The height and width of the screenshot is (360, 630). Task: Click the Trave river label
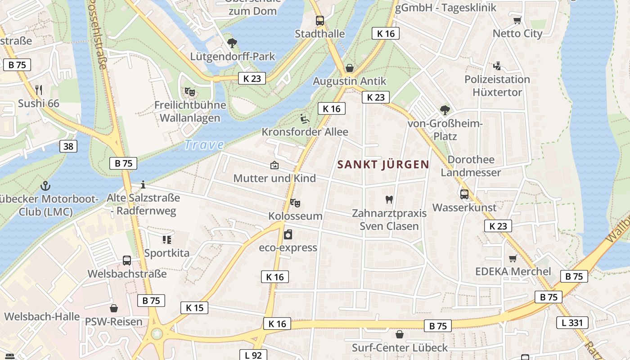[204, 144]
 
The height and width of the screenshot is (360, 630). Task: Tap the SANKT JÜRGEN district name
[383, 164]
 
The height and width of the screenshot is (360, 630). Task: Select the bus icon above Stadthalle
[320, 20]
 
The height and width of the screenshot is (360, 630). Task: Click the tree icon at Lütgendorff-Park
[232, 43]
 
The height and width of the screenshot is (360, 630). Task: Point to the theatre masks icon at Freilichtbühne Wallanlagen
[190, 92]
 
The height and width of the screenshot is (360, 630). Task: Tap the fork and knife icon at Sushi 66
[39, 90]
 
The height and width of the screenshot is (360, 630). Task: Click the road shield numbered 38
[68, 146]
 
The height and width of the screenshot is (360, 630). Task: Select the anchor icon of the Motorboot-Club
[45, 185]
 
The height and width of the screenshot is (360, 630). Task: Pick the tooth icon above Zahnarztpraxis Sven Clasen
[389, 199]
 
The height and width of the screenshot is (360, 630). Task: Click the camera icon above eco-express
[288, 234]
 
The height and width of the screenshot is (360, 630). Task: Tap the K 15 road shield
[194, 308]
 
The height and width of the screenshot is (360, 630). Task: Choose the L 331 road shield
[572, 322]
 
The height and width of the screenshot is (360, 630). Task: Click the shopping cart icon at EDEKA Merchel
[513, 258]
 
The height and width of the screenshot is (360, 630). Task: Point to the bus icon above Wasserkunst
[464, 194]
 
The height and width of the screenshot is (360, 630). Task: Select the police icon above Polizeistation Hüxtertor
[497, 66]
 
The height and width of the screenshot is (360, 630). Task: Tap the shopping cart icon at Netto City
[517, 20]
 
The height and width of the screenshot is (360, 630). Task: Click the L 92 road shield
[253, 355]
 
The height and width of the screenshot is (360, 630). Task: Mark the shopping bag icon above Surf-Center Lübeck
[399, 334]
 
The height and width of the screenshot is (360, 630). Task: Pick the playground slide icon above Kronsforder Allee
[305, 119]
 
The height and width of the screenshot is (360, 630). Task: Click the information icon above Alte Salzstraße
[143, 184]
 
